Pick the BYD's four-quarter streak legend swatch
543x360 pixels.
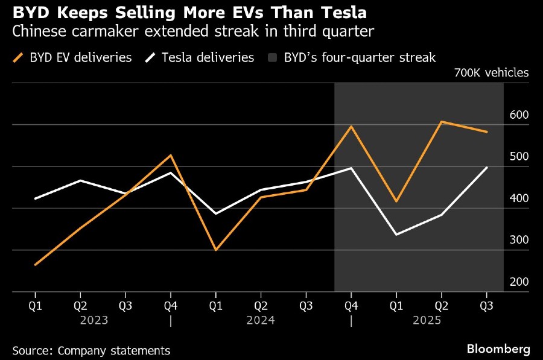point(272,58)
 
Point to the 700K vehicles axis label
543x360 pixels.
point(492,73)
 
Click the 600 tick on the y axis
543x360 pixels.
point(519,115)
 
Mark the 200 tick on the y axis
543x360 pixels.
point(519,282)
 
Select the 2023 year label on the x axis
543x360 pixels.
point(94,320)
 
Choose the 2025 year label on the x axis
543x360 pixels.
point(427,320)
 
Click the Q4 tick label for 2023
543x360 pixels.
point(171,306)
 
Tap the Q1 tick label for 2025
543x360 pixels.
point(396,306)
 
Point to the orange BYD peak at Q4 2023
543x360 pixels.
point(171,156)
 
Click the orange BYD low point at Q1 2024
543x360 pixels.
point(215,250)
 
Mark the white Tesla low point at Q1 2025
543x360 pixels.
point(396,235)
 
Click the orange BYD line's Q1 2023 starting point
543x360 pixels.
point(36,265)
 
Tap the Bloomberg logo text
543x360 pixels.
point(498,349)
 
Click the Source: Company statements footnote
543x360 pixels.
point(91,350)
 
